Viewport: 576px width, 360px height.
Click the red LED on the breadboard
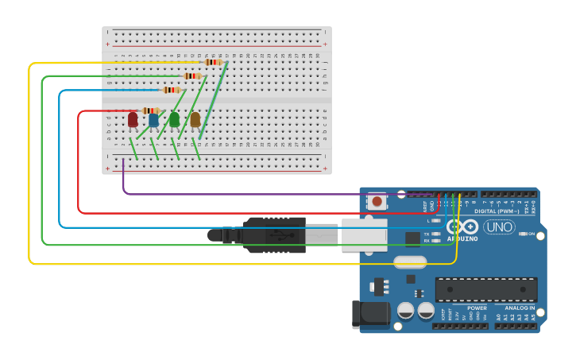click(x=133, y=119)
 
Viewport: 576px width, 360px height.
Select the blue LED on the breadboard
click(x=153, y=120)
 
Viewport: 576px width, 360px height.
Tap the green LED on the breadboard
click(x=174, y=119)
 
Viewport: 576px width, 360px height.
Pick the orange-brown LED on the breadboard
click(x=195, y=119)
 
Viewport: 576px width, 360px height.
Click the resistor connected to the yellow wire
click(x=213, y=62)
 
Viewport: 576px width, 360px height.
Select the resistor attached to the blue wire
click(x=172, y=90)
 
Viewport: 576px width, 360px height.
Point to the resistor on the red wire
click(x=151, y=110)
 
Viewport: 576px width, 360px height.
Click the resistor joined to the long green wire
click(x=192, y=76)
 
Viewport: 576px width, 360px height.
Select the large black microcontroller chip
click(x=485, y=289)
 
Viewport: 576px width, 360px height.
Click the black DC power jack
click(x=370, y=315)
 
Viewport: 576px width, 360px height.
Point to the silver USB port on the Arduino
click(x=364, y=234)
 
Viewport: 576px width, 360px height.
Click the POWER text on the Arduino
click(x=477, y=308)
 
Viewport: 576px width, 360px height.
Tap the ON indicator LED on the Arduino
click(x=523, y=234)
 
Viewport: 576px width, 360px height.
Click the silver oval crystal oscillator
click(x=409, y=262)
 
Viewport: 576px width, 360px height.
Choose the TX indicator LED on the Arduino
click(x=436, y=234)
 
